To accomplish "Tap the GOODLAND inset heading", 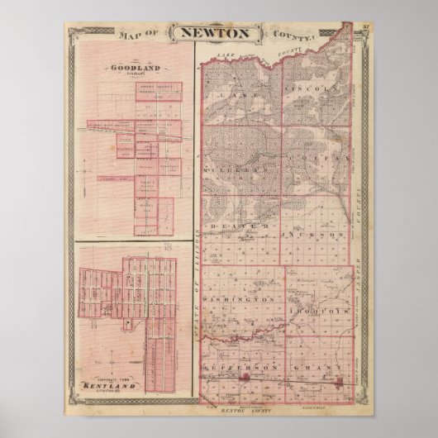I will tap(131, 69).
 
